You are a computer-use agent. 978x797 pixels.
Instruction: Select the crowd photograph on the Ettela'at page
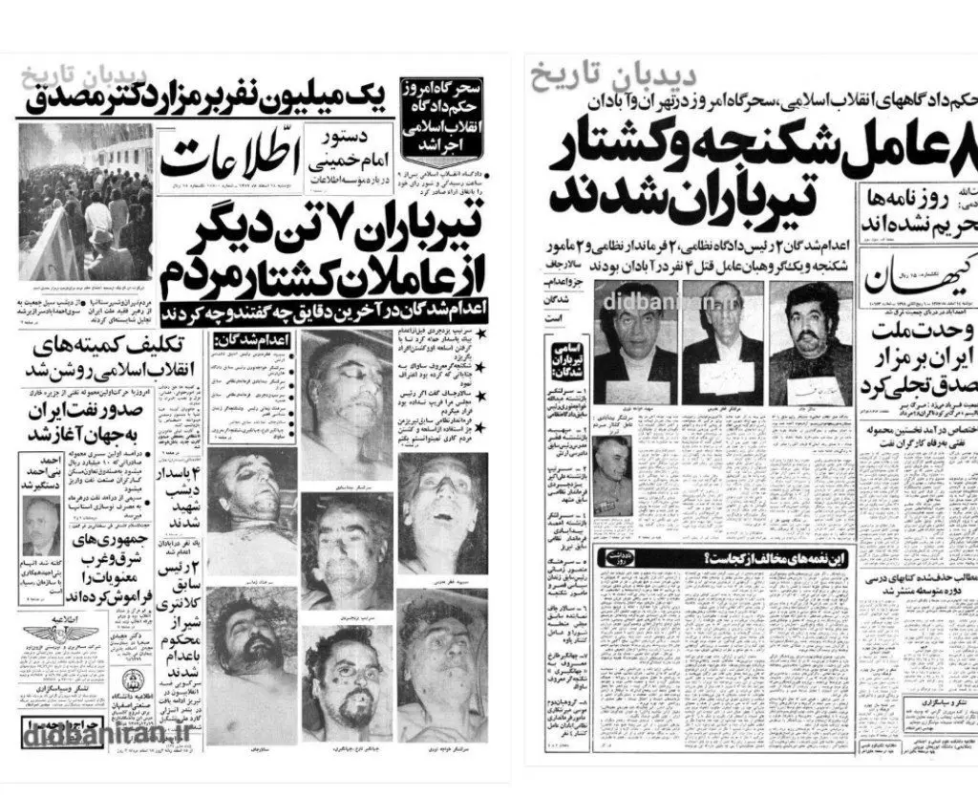[x=84, y=201]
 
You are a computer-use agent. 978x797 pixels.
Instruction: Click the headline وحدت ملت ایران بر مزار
[x=909, y=363]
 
